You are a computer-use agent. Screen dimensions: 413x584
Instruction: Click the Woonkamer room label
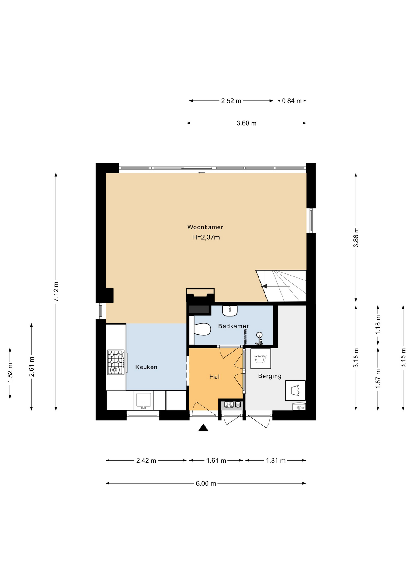205,227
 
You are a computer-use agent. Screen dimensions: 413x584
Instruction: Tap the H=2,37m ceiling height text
206,237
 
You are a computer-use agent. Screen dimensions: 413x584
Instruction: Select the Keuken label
146,367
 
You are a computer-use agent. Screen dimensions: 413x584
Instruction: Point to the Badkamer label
233,326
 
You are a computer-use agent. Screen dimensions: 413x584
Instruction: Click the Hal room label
214,377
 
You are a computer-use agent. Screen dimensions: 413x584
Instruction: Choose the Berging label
270,376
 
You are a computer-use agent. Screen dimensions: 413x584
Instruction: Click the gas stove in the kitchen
116,362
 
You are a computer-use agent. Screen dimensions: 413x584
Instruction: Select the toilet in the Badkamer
202,329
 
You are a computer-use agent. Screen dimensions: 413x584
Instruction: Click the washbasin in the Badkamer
230,311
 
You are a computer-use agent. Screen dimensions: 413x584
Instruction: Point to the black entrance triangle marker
203,428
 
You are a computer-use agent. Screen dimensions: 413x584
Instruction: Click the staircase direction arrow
264,286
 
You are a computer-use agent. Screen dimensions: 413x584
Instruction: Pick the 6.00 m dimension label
206,483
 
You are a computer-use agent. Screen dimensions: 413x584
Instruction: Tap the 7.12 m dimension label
56,292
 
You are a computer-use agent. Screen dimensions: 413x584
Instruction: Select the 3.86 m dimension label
356,237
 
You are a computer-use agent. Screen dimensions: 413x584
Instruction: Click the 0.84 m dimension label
292,101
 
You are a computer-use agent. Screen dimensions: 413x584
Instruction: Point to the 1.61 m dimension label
216,461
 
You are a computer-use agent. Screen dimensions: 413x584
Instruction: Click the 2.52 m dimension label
231,101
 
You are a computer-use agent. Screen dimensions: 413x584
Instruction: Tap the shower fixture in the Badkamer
259,339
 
